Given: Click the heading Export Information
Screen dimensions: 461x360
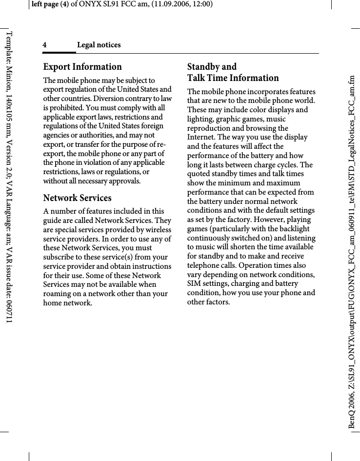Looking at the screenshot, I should tap(82, 67).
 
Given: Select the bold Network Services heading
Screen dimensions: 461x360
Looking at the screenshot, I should tap(77, 198).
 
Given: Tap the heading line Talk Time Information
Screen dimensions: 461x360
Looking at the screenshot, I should tap(233, 78).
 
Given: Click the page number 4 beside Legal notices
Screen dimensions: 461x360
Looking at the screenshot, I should tap(44, 45).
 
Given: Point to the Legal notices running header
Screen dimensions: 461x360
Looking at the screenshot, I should tap(99, 45).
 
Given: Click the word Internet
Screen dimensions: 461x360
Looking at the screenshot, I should tap(203, 137).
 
